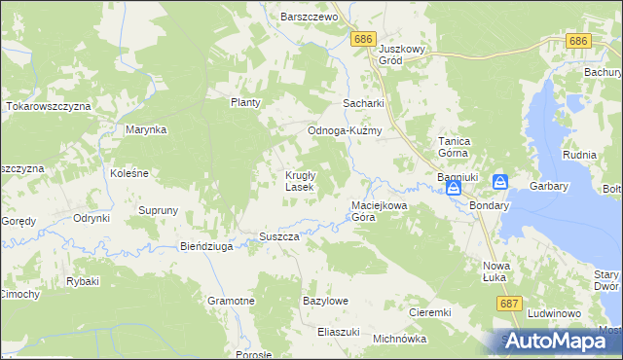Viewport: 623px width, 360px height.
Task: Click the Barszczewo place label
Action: click(x=308, y=18)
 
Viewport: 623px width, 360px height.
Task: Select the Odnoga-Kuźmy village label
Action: click(x=344, y=131)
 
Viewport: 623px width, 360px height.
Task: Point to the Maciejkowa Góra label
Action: click(x=377, y=212)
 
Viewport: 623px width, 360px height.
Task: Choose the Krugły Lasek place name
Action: click(x=298, y=181)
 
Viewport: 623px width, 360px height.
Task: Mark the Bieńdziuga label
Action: click(x=206, y=247)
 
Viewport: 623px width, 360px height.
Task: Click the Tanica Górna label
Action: click(x=455, y=147)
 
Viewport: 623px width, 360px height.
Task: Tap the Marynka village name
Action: click(x=147, y=129)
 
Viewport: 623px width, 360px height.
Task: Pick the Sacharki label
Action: click(x=363, y=103)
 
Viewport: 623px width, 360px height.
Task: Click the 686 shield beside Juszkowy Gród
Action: click(x=364, y=38)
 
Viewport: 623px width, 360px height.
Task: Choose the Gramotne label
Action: click(x=231, y=302)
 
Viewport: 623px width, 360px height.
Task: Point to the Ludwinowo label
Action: click(x=554, y=314)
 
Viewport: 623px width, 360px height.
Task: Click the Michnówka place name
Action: click(x=400, y=339)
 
